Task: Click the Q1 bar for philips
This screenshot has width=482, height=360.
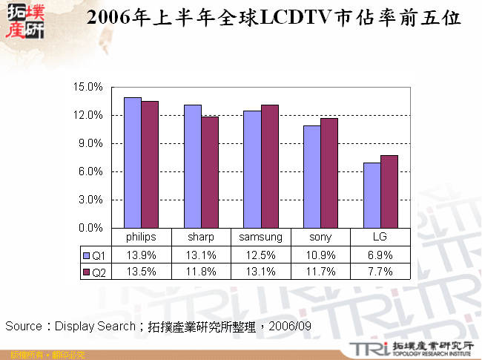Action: [133, 163]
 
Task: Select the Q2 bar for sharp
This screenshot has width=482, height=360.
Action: [210, 172]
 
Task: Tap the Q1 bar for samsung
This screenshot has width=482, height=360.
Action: [252, 169]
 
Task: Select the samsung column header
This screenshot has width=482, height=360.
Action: [260, 238]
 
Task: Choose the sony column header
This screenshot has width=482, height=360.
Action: [320, 238]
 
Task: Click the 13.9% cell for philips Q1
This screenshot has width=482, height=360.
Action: [141, 255]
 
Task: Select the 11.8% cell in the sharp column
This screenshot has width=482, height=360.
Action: [201, 272]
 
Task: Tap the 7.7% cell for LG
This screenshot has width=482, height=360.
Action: [380, 272]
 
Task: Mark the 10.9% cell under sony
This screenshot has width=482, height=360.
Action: [320, 255]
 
